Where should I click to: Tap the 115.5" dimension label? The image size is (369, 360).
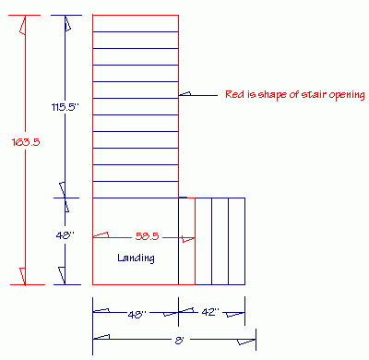65,107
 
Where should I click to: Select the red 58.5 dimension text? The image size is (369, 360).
148,236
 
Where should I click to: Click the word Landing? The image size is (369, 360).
136,258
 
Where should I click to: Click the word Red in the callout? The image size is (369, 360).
234,94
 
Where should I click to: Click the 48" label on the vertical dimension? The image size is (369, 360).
63,236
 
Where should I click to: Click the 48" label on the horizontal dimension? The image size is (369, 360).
136,314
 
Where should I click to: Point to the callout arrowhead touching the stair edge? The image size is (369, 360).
184,94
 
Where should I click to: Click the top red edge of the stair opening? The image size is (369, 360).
136,16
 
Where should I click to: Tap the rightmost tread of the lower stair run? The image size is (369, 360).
236,241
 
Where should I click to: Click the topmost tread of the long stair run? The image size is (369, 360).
136,24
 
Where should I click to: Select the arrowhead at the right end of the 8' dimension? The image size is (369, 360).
247,342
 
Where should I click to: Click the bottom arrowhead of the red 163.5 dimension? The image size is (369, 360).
23,276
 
